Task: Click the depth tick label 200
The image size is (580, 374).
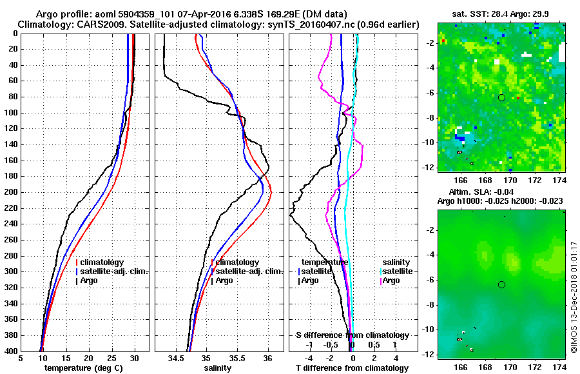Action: click(x=11, y=192)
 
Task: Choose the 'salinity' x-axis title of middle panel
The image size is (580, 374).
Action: click(x=217, y=368)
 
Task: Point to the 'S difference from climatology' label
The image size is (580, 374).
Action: click(x=353, y=335)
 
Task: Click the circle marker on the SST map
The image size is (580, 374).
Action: click(x=501, y=97)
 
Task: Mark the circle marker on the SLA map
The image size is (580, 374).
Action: click(x=501, y=284)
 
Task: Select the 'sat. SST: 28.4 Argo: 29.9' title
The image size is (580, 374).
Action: click(x=502, y=14)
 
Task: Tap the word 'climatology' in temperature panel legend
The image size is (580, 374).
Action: click(x=103, y=262)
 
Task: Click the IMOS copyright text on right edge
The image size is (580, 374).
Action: click(x=574, y=297)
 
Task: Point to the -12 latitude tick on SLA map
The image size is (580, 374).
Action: click(x=428, y=354)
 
